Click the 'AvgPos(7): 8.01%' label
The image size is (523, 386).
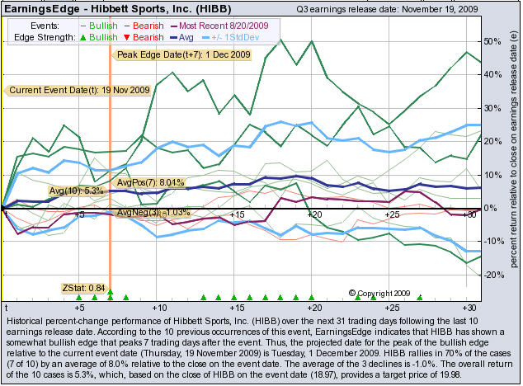(x=148, y=182)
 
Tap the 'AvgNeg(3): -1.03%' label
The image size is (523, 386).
(x=153, y=212)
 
